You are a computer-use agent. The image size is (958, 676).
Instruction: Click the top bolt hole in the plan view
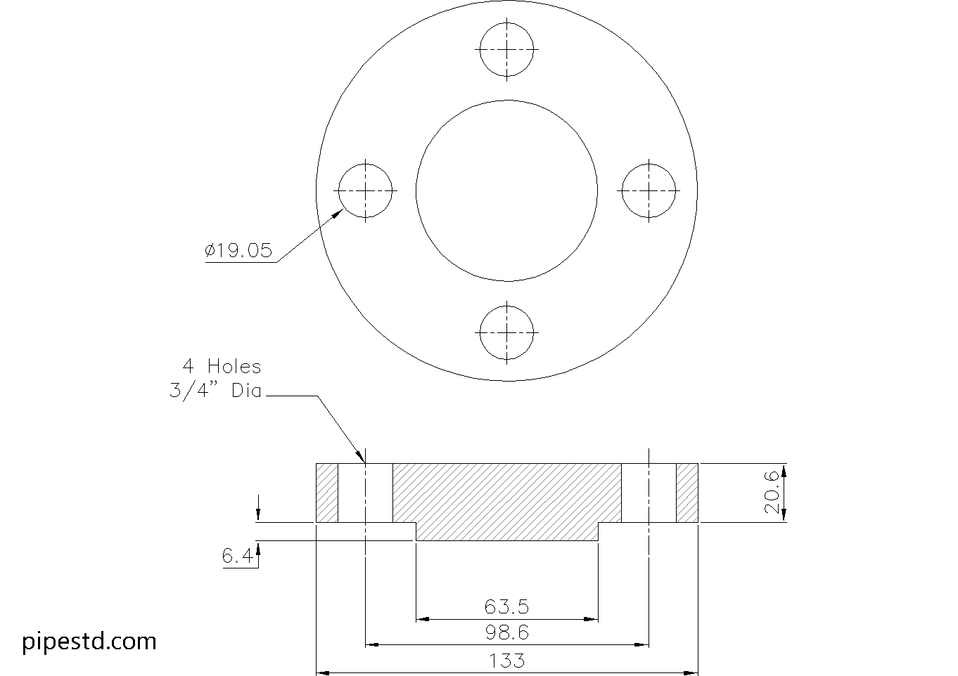tap(506, 50)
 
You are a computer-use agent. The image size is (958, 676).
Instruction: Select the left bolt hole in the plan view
tap(365, 190)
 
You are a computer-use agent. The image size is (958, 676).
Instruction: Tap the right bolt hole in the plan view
tap(649, 190)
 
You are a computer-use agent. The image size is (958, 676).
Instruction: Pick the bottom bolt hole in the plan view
tap(506, 332)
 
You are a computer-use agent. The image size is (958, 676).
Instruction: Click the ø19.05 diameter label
tap(238, 251)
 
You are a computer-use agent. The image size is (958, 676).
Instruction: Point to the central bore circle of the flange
tap(506, 190)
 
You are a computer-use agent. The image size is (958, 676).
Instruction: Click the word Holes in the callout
tap(234, 366)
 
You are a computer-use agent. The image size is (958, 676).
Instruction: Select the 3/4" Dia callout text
tap(215, 391)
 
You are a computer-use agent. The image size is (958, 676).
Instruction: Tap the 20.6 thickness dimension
tap(772, 493)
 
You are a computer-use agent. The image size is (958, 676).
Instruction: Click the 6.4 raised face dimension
tap(237, 557)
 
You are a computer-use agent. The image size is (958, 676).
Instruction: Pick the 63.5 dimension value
tap(506, 606)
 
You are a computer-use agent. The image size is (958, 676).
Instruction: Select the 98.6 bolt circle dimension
tap(506, 632)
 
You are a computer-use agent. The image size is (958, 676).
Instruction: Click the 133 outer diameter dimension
tap(506, 661)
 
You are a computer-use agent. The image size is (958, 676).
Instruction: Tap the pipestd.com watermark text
tap(89, 641)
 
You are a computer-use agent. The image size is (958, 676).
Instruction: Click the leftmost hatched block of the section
tap(327, 493)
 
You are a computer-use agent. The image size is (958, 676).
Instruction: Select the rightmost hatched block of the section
tap(687, 493)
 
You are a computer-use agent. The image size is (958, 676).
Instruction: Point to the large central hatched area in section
tap(506, 499)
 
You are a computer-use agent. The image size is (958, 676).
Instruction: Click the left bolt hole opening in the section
tap(365, 493)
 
